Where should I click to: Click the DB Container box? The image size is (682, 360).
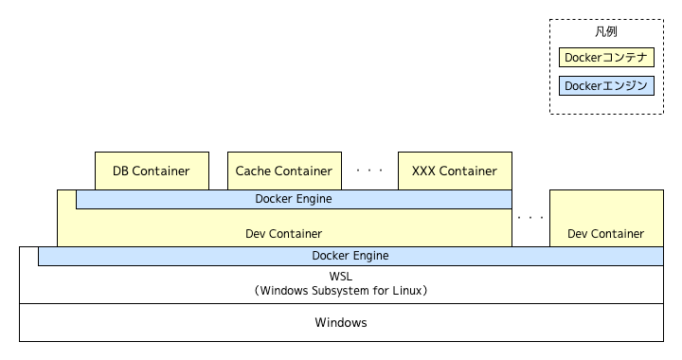click(152, 171)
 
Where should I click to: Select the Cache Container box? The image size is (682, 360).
click(284, 171)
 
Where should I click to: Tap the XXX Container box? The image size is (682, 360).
click(455, 171)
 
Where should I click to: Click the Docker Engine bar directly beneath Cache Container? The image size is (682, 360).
click(294, 199)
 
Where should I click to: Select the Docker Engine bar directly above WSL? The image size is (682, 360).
click(350, 256)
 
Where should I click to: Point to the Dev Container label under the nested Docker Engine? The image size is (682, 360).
click(283, 233)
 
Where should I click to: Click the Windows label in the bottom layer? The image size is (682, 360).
click(341, 322)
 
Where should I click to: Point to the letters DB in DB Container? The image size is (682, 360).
click(121, 171)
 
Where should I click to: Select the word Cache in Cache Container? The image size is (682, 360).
click(253, 171)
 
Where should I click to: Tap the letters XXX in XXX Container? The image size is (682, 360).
click(423, 171)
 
